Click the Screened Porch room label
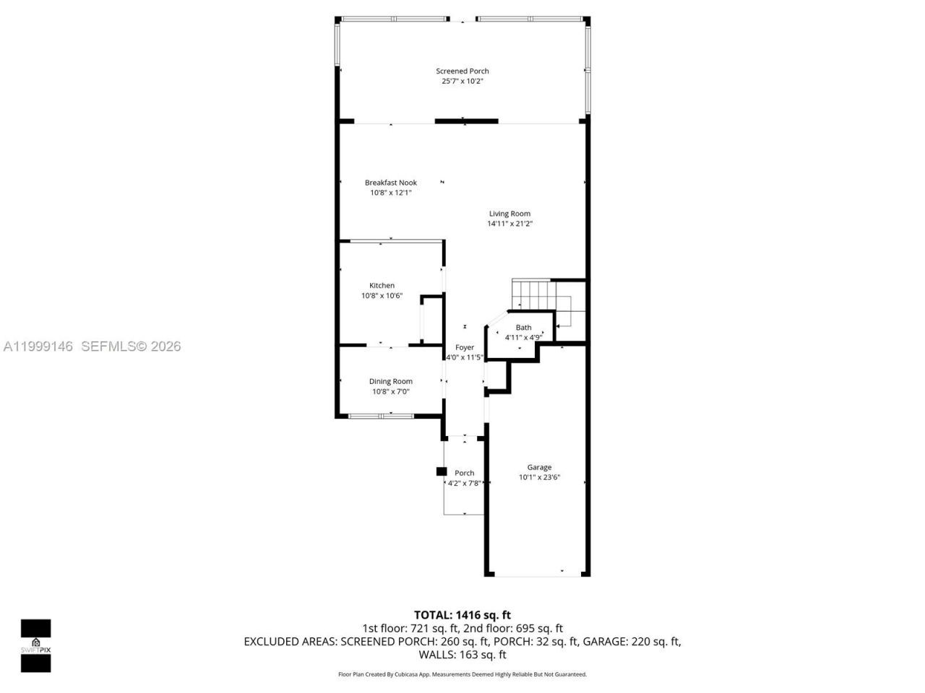462,71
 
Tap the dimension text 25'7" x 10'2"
462,82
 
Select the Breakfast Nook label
390,183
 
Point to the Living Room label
509,214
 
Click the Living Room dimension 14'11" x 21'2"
509,224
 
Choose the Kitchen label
382,285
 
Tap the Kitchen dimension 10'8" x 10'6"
382,296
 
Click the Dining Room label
390,381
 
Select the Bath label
523,328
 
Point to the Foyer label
464,347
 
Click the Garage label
539,467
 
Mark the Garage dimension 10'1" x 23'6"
539,477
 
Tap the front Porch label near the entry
464,473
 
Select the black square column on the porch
441,471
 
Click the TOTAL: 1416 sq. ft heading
462,615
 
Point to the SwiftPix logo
35,645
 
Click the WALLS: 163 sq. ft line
462,655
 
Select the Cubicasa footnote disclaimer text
462,674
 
